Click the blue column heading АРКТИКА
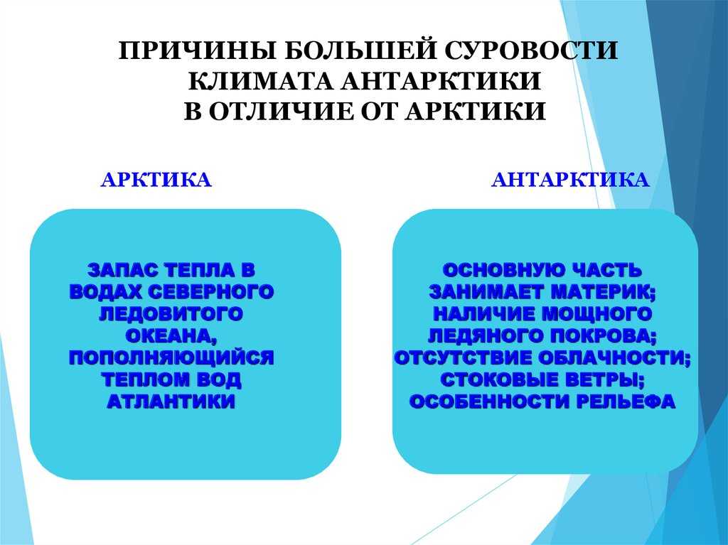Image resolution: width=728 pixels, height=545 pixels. pos(156,180)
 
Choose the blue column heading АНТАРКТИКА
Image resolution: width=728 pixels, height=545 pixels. pos(570,180)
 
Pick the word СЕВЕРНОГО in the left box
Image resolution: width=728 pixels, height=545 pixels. pos(212,292)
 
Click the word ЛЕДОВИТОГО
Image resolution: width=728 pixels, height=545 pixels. pos(171,314)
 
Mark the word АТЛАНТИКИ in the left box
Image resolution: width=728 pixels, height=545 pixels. pos(171,401)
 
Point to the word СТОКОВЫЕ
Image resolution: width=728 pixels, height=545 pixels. pos(499,379)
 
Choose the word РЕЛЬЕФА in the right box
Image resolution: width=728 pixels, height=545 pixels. pos(626,401)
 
